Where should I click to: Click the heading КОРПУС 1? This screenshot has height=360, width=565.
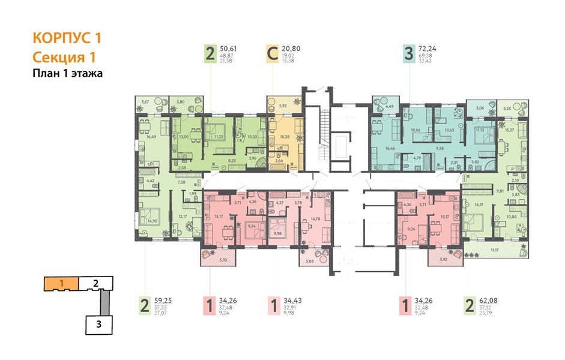[67, 38]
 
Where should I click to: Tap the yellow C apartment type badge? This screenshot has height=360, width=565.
[272, 55]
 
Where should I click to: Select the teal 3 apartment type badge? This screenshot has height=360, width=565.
[409, 55]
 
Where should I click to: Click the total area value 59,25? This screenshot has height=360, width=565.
[164, 302]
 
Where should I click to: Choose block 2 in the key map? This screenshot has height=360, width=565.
[95, 282]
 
